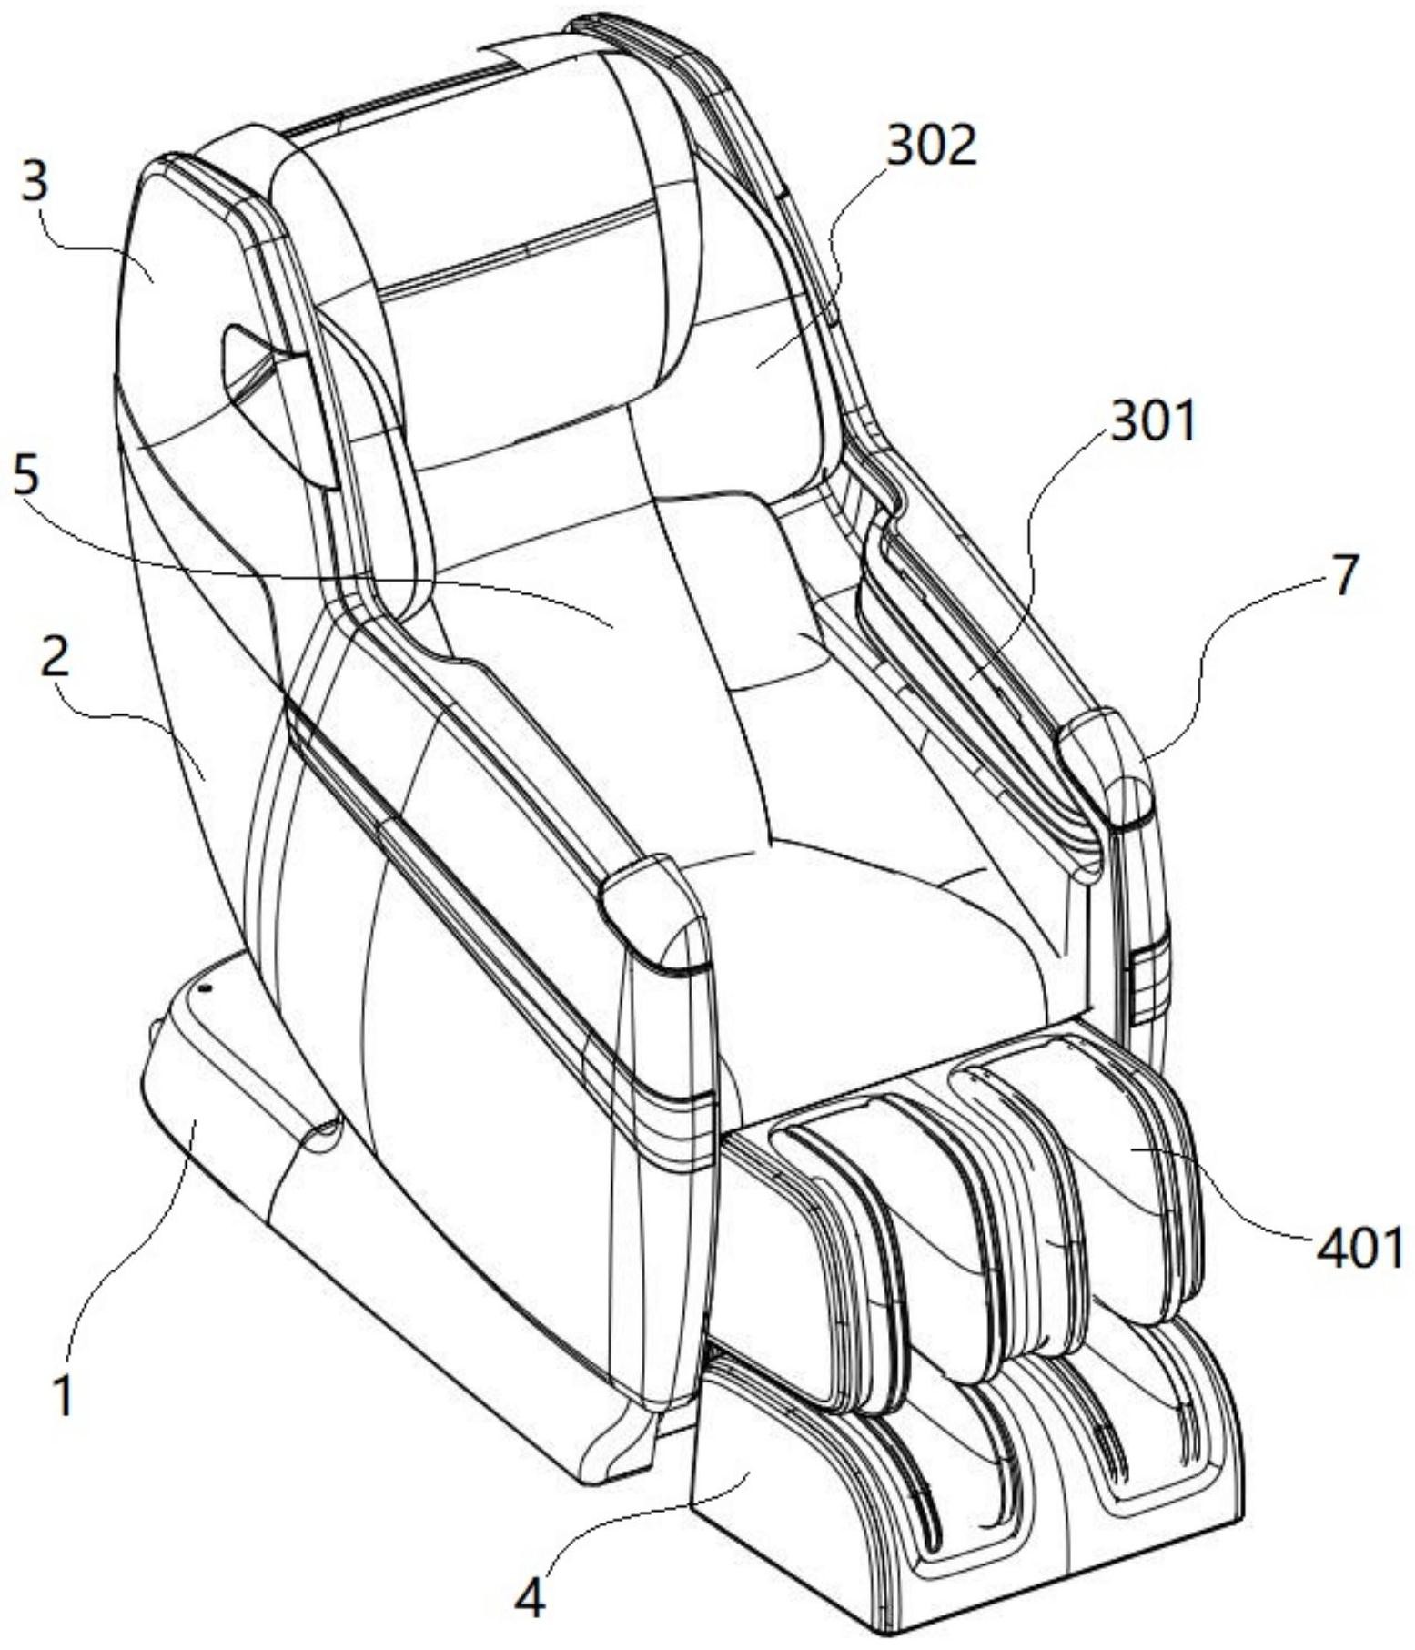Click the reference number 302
coord(931,147)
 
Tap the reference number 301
coord(1152,423)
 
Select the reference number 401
coord(1359,1251)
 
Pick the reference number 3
coord(35,184)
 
